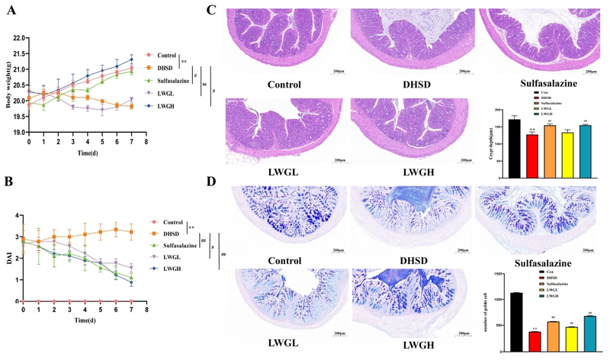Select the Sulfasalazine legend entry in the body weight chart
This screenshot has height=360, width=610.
coord(178,80)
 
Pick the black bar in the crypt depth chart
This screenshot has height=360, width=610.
coord(514,137)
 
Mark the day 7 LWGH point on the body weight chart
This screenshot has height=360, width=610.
coord(130,59)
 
